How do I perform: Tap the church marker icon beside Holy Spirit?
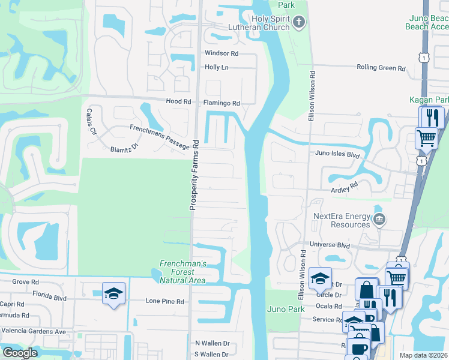click(300, 23)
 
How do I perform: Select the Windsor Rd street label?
click(221, 53)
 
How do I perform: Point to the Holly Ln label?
click(217, 67)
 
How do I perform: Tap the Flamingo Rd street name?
click(221, 103)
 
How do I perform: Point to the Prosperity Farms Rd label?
click(194, 175)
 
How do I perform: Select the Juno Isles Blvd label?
click(337, 154)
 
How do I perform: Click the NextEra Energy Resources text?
click(342, 220)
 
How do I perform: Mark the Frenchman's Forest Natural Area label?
click(183, 272)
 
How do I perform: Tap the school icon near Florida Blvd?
click(113, 293)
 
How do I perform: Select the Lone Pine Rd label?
click(165, 301)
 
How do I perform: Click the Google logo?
click(20, 353)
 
